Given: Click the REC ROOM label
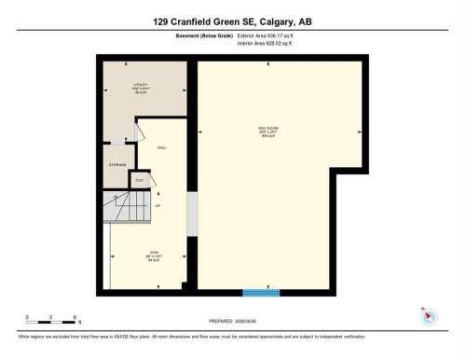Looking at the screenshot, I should click(268, 130).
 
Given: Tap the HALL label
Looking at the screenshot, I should click(161, 147).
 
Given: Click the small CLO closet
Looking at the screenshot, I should click(141, 179).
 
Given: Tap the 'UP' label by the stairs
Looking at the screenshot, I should click(158, 205).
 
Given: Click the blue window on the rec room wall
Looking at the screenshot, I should click(261, 293).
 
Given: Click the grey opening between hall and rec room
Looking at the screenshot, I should click(192, 215).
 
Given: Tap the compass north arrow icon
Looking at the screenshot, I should click(428, 314).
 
